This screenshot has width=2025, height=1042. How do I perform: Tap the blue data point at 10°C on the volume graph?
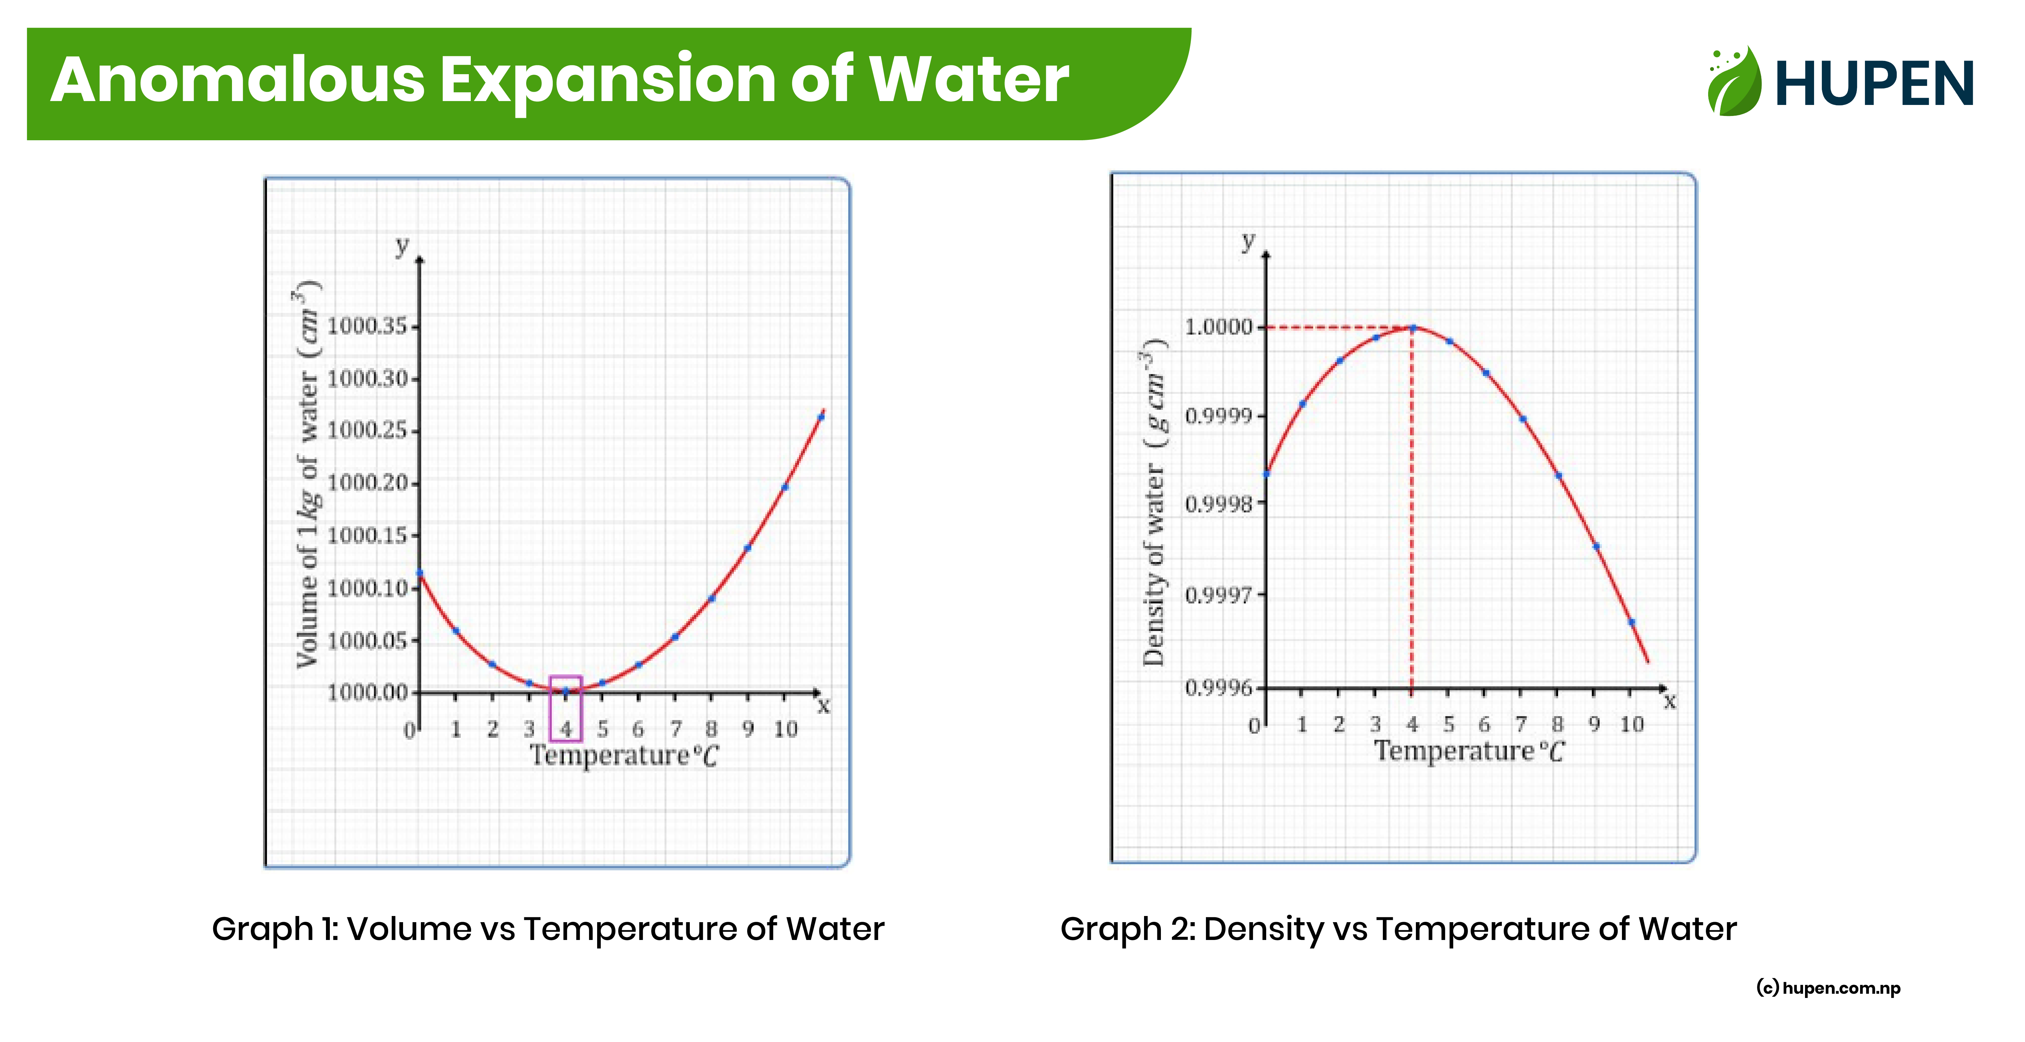coord(784,487)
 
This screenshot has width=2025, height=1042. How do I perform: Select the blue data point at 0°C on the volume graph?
coord(420,573)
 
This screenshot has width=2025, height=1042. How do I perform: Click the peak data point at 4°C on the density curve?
coord(1413,328)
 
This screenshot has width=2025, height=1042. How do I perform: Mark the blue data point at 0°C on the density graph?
coord(1267,474)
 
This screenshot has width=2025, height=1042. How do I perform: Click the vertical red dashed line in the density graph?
coord(1412,511)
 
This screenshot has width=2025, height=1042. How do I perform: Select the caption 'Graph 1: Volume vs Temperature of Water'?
coord(548,929)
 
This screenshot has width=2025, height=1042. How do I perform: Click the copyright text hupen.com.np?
coord(1828,988)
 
